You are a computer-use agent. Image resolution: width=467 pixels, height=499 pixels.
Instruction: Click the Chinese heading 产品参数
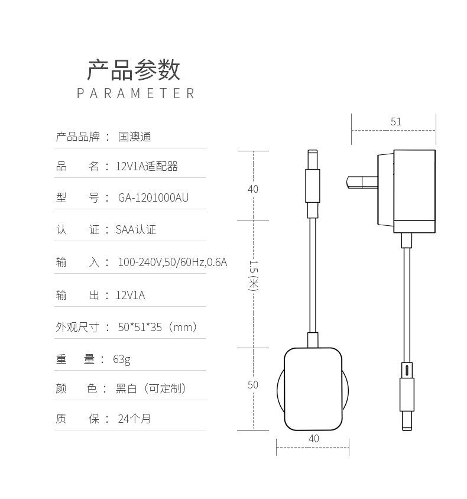(134, 70)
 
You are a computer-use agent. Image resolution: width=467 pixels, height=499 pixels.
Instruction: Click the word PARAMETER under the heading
(135, 93)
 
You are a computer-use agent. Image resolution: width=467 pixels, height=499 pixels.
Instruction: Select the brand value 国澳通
(135, 137)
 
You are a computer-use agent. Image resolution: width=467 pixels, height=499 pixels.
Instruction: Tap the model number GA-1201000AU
(153, 198)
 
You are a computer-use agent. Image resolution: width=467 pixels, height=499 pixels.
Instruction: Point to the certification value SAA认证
(136, 230)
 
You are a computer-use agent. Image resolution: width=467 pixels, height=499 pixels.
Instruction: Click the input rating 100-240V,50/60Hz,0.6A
(172, 262)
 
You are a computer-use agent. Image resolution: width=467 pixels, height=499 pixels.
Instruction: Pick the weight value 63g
(122, 359)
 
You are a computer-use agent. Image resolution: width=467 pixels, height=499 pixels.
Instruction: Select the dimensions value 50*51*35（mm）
(157, 327)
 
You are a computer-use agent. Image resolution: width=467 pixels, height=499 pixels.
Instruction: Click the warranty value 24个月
(134, 419)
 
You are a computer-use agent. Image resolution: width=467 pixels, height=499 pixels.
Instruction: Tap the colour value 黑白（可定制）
(151, 388)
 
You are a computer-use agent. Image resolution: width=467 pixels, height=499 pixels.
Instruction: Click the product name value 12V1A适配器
(147, 167)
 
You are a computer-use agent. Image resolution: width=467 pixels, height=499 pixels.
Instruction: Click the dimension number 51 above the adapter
(395, 122)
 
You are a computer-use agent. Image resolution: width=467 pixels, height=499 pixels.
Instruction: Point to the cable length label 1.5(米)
(253, 275)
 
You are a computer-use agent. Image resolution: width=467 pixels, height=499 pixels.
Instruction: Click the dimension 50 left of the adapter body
(252, 385)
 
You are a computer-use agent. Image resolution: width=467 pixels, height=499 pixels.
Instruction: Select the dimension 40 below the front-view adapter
(313, 439)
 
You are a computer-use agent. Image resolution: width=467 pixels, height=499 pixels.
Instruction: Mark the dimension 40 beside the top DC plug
(252, 189)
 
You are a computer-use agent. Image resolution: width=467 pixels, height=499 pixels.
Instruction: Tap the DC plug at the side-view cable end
(406, 396)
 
